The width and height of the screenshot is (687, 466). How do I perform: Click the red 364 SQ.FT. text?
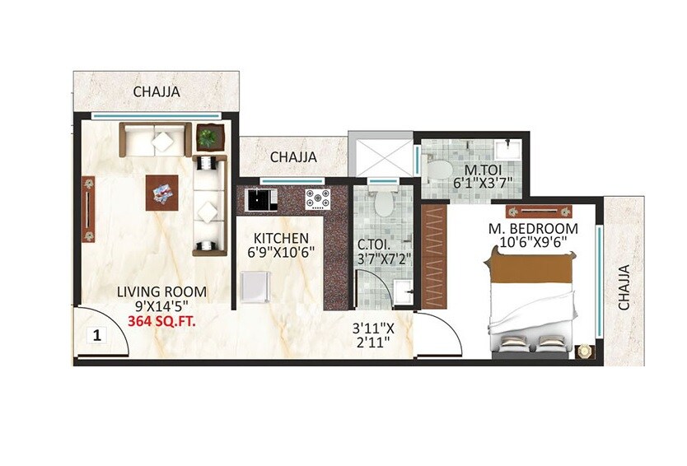(x=161, y=322)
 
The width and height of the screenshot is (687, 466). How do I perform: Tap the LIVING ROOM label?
(x=161, y=292)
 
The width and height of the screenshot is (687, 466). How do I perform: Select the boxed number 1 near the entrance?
(x=96, y=335)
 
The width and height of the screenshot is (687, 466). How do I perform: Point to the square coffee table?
(x=163, y=194)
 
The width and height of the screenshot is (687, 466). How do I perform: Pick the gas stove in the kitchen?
(x=317, y=198)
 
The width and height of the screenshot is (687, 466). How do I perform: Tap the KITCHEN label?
(x=282, y=239)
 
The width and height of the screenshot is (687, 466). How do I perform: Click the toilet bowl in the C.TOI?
(x=381, y=200)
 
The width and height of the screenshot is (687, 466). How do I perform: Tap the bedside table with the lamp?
(x=584, y=351)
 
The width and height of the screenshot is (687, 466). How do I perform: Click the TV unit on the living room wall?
(x=87, y=209)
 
